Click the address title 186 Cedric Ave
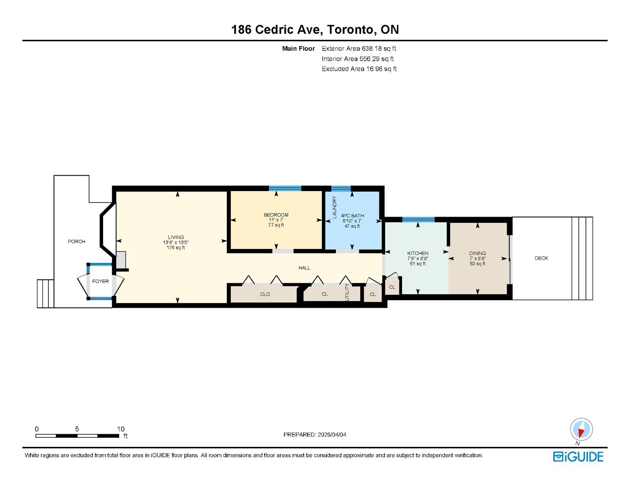point(275,30)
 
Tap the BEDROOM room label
point(276,215)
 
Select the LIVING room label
point(176,237)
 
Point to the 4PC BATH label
point(352,216)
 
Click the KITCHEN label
point(418,253)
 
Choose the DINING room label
point(478,253)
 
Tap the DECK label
point(541,258)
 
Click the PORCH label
point(76,242)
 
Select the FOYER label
point(100,281)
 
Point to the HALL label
point(304,268)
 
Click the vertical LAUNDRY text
point(335,207)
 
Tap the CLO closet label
point(265,294)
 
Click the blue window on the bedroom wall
point(285,188)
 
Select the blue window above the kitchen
point(418,219)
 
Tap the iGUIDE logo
point(578,457)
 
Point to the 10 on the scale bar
point(120,429)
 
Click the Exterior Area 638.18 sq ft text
point(359,48)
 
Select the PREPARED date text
point(315,435)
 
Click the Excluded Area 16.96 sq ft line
point(359,69)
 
